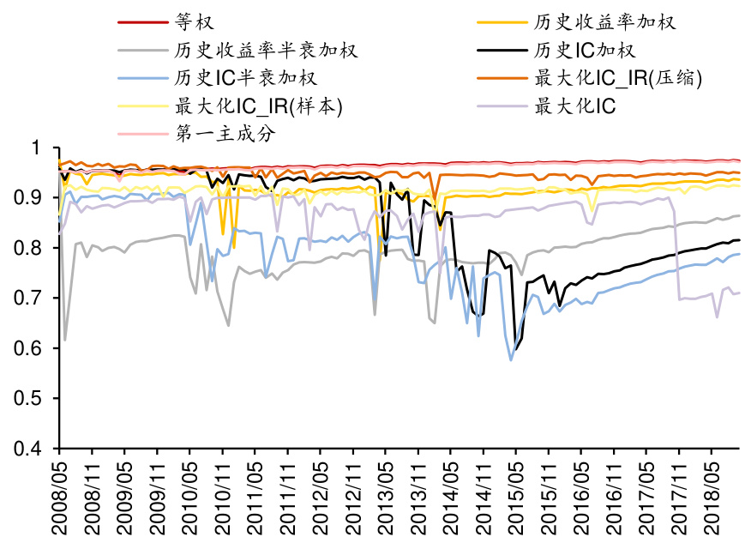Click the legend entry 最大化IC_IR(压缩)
coord(618,77)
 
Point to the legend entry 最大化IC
coord(574,106)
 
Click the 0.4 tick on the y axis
coord(39,449)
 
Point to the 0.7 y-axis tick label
coord(39,299)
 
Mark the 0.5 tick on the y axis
coord(39,399)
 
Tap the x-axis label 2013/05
coord(385,498)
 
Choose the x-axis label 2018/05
coord(712,498)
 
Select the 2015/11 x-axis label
coord(549,498)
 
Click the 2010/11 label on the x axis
coord(222,498)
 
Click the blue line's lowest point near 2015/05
coord(511,360)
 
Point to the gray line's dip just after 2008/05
coord(65,341)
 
